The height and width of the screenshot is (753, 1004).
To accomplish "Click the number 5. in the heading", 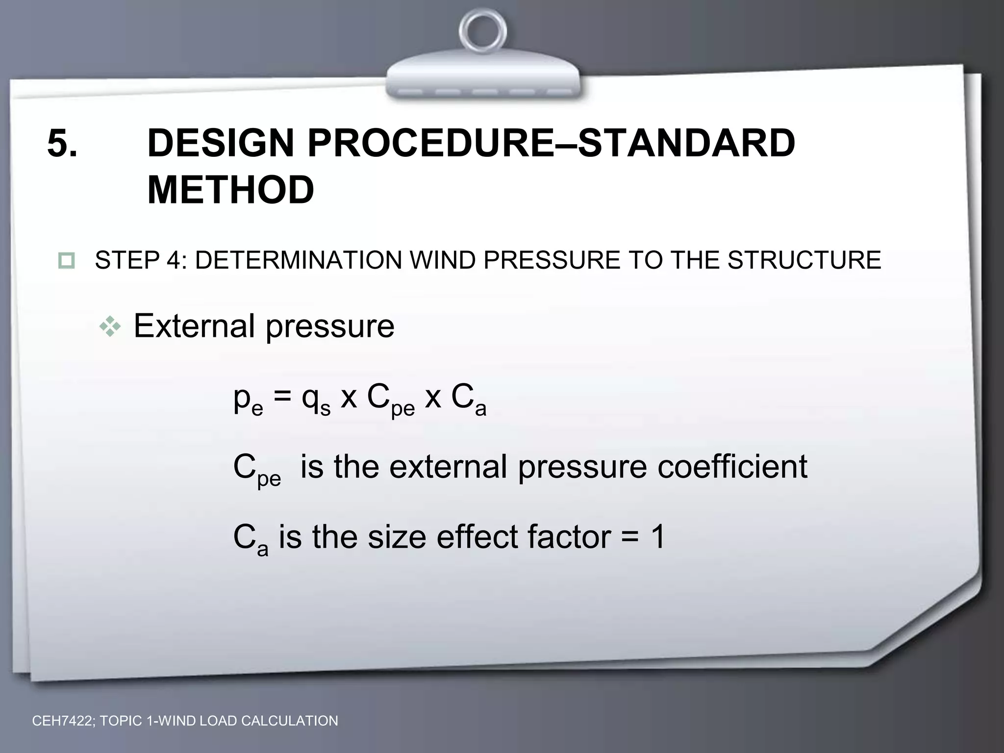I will pyautogui.click(x=62, y=144).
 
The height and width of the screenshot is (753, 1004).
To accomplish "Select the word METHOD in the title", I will pyautogui.click(x=230, y=190).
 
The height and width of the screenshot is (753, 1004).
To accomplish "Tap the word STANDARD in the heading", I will pyautogui.click(x=686, y=144).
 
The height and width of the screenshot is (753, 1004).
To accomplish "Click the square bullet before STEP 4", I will pyautogui.click(x=66, y=260).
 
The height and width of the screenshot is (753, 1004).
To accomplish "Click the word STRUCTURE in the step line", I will pyautogui.click(x=804, y=260).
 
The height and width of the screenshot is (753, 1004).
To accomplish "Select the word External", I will pyautogui.click(x=194, y=326).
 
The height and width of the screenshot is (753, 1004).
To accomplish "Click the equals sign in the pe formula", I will pyautogui.click(x=282, y=398).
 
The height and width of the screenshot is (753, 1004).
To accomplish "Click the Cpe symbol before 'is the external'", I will pyautogui.click(x=256, y=470).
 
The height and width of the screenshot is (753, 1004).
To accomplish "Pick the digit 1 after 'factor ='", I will pyautogui.click(x=656, y=537).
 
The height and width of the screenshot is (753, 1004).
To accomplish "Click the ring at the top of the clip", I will pyautogui.click(x=483, y=30).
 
